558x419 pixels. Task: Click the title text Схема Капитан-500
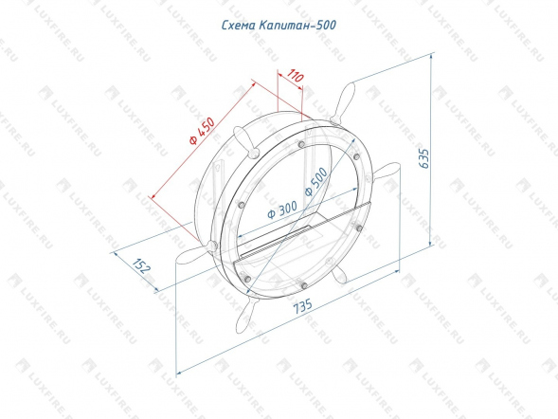[279, 26]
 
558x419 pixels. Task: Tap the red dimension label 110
[296, 76]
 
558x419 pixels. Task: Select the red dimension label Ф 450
[202, 131]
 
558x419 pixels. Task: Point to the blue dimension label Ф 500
[316, 182]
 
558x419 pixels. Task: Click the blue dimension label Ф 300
[282, 209]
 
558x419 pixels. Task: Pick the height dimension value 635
[424, 158]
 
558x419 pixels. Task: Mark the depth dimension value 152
[142, 265]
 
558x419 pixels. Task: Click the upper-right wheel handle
[342, 103]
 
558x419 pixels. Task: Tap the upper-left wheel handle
[245, 141]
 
